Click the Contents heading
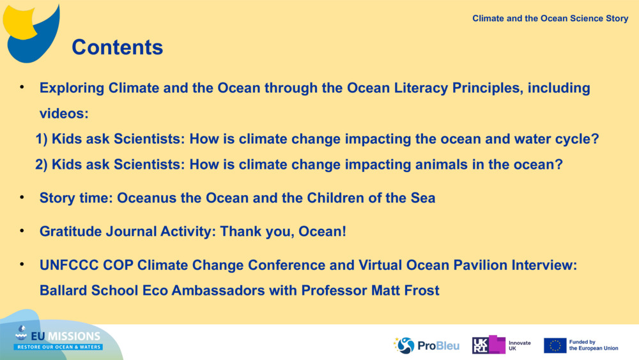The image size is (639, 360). [x=118, y=47]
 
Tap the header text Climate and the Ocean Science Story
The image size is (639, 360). [x=550, y=19]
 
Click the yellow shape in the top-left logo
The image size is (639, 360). [x=20, y=22]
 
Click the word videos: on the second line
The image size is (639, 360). [x=64, y=113]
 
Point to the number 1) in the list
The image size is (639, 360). [x=42, y=139]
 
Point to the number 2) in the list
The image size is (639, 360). [x=42, y=165]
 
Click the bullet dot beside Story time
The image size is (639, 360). [x=22, y=198]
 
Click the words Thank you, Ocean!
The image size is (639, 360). [x=283, y=231]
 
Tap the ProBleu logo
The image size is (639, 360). [x=427, y=346]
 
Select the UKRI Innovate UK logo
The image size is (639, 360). [x=501, y=345]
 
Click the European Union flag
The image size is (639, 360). [x=555, y=345]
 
